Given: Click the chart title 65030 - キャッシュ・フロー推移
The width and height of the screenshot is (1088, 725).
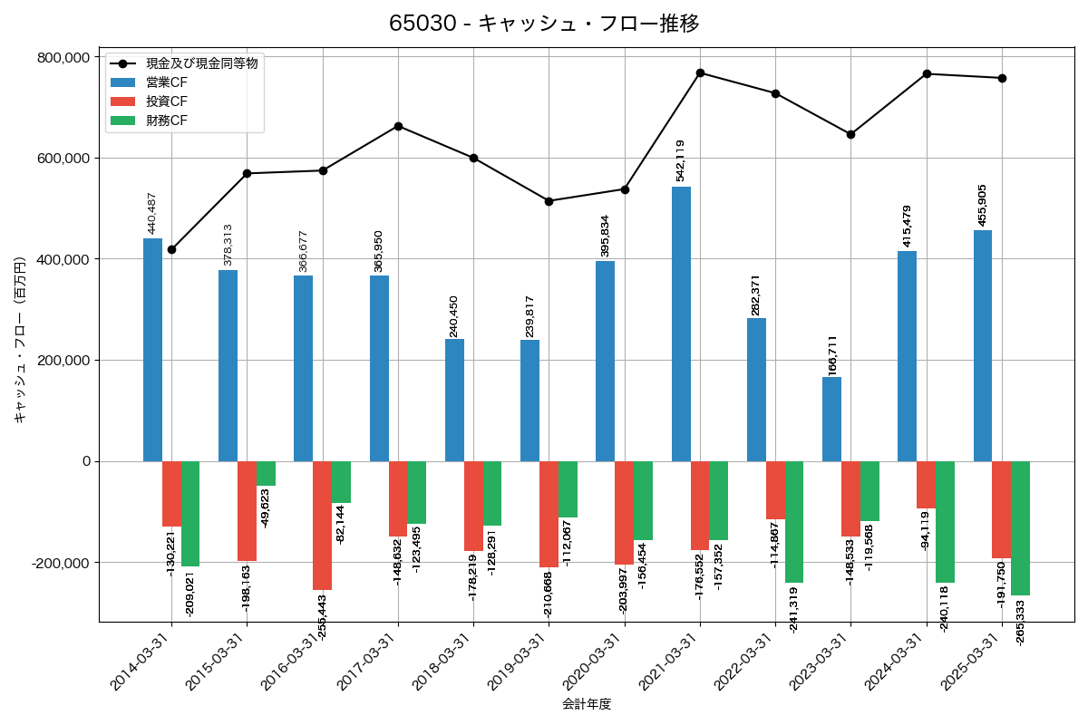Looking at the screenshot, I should click(x=544, y=24).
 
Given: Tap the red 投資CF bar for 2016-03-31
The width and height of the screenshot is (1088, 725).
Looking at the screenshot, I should click(x=322, y=526).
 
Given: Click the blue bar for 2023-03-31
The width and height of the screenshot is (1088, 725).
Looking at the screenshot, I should click(x=831, y=419).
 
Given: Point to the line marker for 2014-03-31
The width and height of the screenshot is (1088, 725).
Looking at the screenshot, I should click(x=171, y=249).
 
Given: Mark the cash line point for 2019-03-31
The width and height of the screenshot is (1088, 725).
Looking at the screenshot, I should click(x=549, y=201).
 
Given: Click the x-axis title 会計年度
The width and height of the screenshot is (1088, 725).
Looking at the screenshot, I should click(x=587, y=704).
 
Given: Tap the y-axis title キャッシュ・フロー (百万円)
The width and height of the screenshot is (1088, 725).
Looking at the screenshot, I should click(x=20, y=335).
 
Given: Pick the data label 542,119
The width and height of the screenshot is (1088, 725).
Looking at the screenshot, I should click(x=681, y=160).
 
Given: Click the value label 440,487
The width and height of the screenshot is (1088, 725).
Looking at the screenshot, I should click(x=152, y=213).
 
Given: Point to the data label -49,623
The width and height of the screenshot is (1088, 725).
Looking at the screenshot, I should click(x=265, y=508).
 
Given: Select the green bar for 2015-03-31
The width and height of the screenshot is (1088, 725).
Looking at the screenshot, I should click(x=266, y=474).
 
